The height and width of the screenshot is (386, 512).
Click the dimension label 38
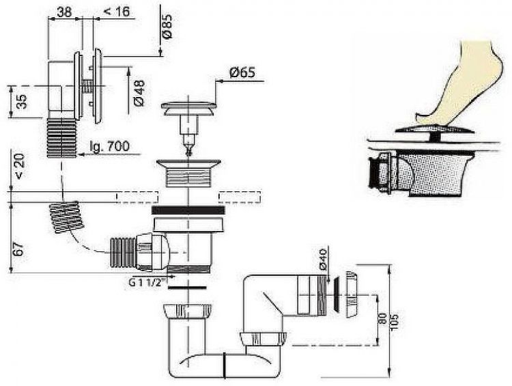(64, 12)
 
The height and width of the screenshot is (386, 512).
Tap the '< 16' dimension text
(117, 12)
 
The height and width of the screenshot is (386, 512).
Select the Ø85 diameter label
(167, 27)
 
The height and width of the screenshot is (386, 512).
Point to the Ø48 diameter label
(139, 93)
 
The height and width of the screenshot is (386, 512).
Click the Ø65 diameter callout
(242, 72)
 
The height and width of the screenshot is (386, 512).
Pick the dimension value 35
(22, 102)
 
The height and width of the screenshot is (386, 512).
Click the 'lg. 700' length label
(109, 146)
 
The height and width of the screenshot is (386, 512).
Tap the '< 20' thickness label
(20, 167)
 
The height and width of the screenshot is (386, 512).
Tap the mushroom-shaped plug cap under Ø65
(188, 109)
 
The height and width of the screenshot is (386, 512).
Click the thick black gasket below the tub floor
(188, 210)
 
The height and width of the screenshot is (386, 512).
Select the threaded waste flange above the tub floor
(188, 174)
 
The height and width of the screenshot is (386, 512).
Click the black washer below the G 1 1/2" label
(187, 288)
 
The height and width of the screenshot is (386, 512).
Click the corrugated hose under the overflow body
(61, 137)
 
